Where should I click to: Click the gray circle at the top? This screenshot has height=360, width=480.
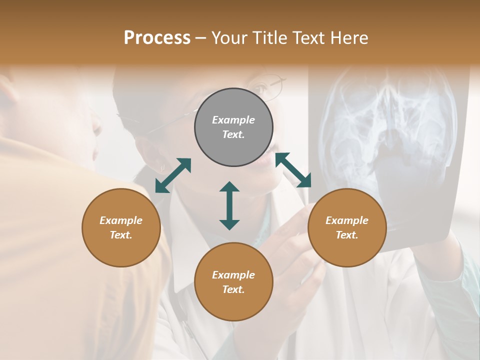[233, 127]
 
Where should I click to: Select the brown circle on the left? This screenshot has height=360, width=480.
[121, 227]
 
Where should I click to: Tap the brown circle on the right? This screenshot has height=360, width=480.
[347, 227]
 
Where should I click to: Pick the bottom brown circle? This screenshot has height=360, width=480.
[233, 282]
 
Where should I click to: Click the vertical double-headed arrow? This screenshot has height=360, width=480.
[229, 205]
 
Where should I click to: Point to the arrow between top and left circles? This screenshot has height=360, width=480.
[173, 175]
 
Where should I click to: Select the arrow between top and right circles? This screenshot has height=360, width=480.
[293, 170]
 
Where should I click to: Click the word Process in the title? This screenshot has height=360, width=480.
[157, 38]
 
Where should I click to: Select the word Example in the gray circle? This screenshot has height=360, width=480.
[233, 120]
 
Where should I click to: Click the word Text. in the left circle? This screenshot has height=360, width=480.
[121, 235]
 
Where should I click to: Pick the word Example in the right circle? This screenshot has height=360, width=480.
[347, 220]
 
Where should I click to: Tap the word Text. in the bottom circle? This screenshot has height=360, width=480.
[233, 289]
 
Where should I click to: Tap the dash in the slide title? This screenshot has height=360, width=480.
[201, 38]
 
